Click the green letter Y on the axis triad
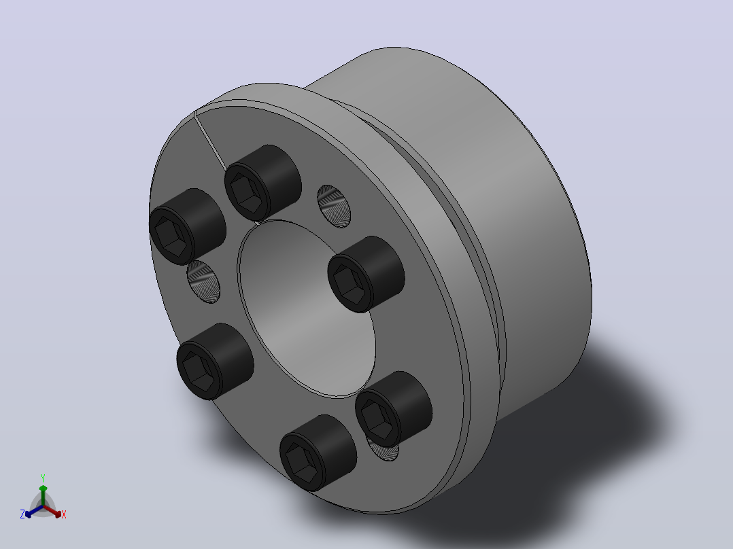pos(43,478)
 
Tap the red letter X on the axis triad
pos(64,514)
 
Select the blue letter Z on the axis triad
pos(22,514)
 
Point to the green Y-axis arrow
pos(43,495)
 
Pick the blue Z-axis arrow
pos(34,511)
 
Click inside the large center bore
pos(306,308)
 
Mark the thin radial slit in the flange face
pos(210,139)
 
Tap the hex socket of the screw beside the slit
pos(247,194)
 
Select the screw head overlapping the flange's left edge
pos(188,227)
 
